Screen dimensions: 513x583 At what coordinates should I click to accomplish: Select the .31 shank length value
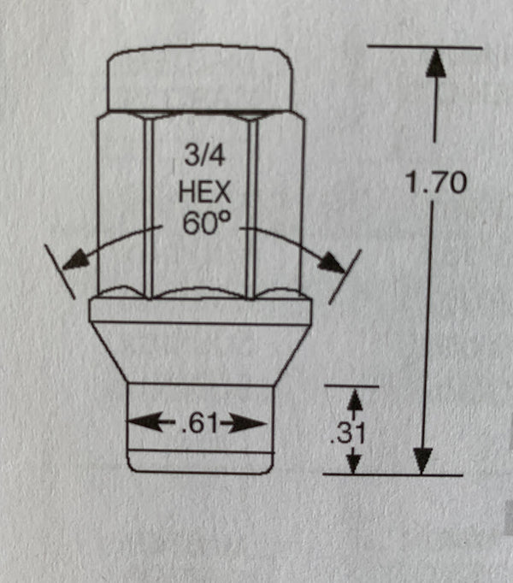349,433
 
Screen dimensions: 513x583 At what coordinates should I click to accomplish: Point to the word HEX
204,191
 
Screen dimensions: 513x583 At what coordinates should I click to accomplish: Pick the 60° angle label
206,223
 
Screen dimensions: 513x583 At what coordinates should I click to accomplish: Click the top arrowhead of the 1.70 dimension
435,63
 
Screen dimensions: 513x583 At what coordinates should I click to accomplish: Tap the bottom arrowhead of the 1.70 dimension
423,461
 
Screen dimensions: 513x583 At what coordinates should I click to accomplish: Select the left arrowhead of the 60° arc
76,260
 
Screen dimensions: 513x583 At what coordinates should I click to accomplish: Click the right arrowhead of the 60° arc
333,262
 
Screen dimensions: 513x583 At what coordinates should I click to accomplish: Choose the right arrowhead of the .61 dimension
246,424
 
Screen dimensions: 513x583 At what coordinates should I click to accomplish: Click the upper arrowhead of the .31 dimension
356,400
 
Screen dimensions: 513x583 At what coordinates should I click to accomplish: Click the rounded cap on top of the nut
199,78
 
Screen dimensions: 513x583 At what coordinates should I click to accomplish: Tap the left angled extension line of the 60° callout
60,272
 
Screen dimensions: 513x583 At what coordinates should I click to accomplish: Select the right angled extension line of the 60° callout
345,277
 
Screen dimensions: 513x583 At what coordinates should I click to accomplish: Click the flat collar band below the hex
200,311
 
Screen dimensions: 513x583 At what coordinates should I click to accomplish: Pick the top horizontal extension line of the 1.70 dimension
424,47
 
